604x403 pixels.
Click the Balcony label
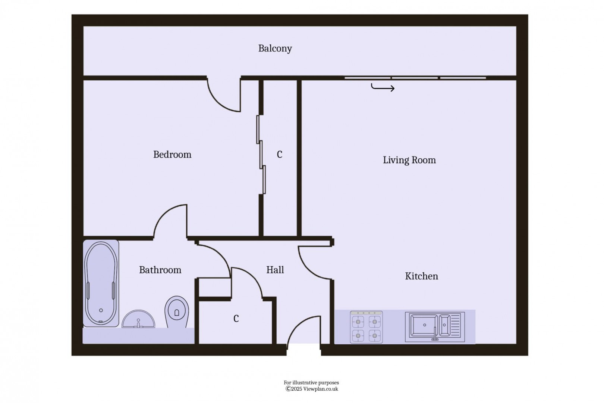275,49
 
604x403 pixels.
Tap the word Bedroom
172,155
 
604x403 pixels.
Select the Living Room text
409,160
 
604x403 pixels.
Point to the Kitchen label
421,276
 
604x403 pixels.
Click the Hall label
275,270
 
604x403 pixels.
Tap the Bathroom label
160,270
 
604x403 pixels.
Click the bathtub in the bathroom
101,283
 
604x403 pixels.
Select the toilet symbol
177,311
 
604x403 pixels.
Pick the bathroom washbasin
138,320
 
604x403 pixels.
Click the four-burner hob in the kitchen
366,327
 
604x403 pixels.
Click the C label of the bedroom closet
280,154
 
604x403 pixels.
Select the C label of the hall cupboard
236,319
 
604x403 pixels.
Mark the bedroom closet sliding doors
261,155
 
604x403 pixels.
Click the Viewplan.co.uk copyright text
312,389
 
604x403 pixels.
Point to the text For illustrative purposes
311,382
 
